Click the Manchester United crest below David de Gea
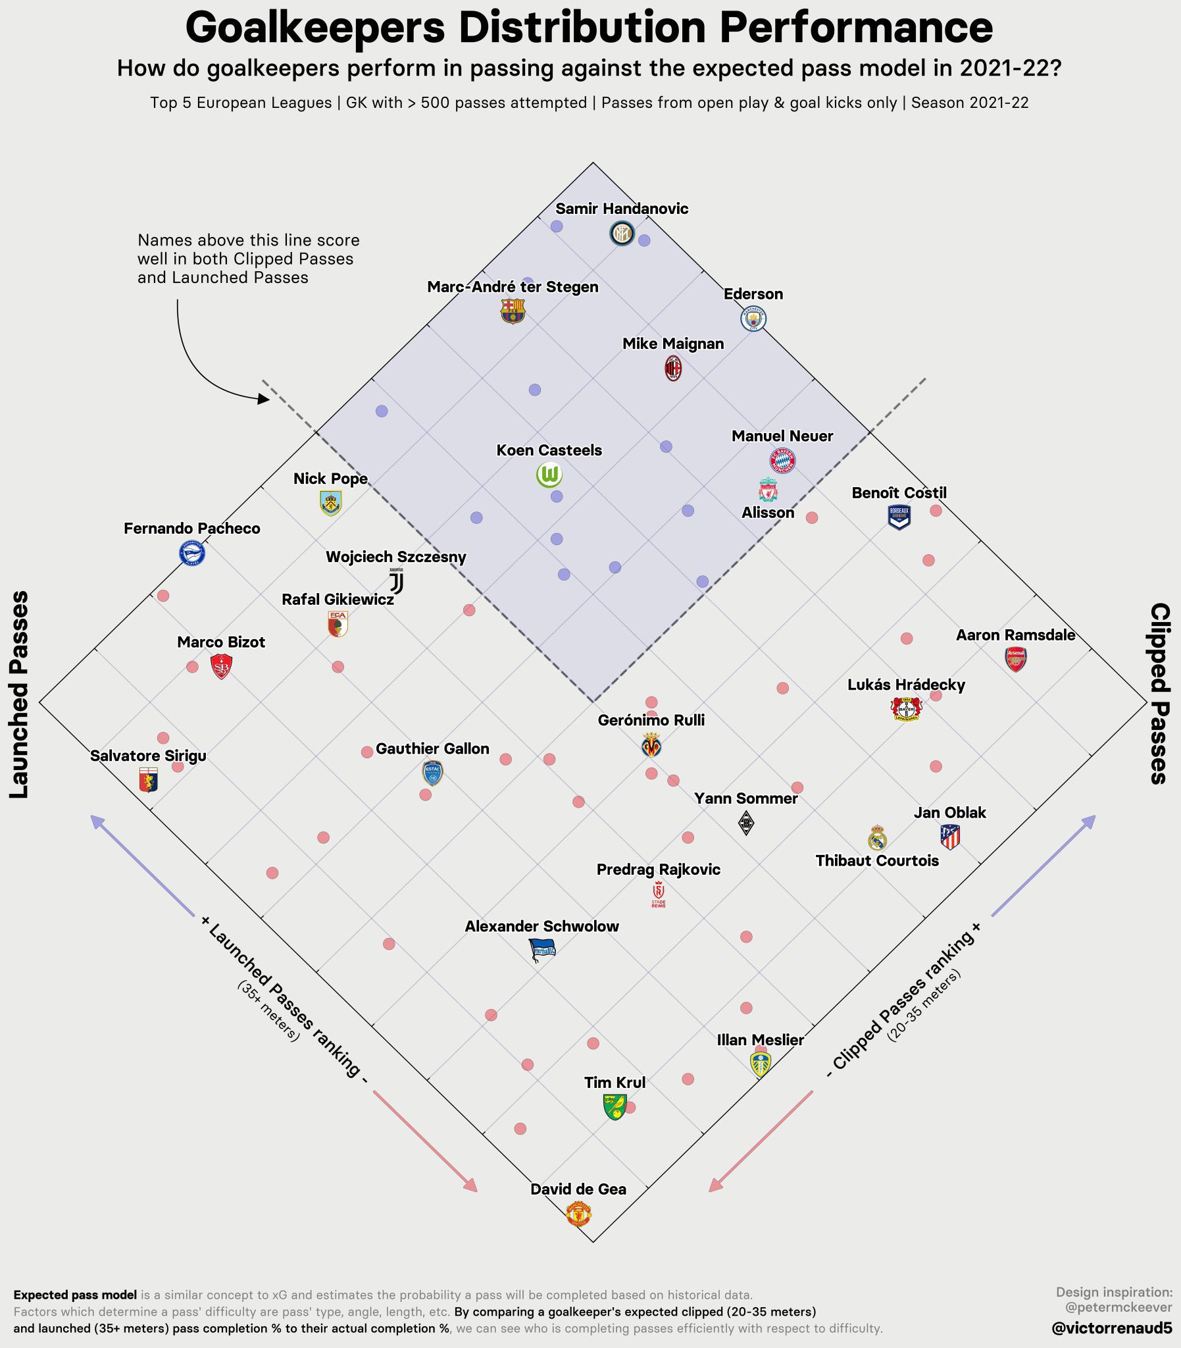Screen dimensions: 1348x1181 [578, 1213]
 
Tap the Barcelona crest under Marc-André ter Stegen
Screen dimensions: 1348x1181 [512, 311]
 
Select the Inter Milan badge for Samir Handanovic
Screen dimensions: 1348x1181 [622, 233]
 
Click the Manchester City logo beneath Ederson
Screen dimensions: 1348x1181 [753, 319]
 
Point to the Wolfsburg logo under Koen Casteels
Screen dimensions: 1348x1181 [549, 475]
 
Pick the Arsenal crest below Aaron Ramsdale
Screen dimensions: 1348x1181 [1016, 659]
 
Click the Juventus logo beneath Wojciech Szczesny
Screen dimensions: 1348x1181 [396, 581]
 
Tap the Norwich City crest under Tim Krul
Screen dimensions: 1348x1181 [615, 1106]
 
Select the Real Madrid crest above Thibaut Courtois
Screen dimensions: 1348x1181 [876, 838]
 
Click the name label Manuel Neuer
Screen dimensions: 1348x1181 [782, 436]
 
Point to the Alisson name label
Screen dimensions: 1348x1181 [768, 512]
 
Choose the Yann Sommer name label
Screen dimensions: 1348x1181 [745, 798]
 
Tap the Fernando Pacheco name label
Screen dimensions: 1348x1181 [191, 528]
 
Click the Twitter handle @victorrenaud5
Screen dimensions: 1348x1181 [1112, 1328]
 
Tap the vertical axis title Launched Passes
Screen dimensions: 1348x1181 [19, 694]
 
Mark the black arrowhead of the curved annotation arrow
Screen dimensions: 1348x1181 [264, 399]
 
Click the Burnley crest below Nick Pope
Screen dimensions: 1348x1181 [330, 503]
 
